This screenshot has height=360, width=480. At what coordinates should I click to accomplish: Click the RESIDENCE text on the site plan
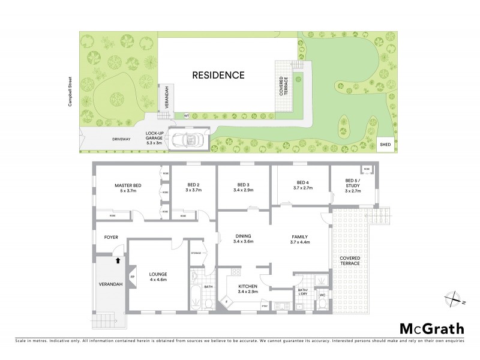click(218, 76)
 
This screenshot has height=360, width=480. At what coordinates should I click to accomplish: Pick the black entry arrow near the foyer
click(118, 261)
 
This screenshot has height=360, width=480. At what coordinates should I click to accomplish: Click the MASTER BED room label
click(128, 185)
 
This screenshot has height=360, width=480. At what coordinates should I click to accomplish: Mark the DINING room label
click(243, 236)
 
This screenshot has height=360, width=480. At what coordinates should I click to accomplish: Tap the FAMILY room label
click(299, 236)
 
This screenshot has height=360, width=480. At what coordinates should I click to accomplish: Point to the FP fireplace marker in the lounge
click(133, 277)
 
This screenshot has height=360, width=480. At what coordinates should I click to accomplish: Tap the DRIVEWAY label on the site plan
click(121, 139)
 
